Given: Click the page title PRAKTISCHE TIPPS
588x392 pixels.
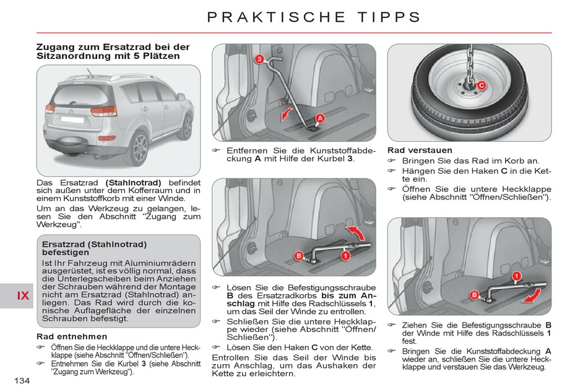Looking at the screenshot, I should (314, 17).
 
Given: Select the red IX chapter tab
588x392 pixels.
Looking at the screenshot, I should (23, 295).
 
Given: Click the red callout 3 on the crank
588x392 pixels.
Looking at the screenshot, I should (259, 59).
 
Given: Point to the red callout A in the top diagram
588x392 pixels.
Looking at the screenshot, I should (320, 118).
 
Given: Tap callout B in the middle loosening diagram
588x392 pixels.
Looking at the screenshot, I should (298, 256).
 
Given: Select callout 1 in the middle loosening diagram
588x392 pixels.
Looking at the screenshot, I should (345, 255).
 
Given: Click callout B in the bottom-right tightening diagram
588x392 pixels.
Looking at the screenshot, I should (474, 295).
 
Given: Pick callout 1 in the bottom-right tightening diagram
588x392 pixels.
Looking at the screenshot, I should (515, 276).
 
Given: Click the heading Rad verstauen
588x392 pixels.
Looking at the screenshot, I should (420, 150).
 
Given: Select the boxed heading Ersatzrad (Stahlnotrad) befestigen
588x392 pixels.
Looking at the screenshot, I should (94, 248).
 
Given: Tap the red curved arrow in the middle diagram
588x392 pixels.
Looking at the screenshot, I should (355, 235).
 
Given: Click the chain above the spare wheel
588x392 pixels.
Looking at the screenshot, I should (469, 59).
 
